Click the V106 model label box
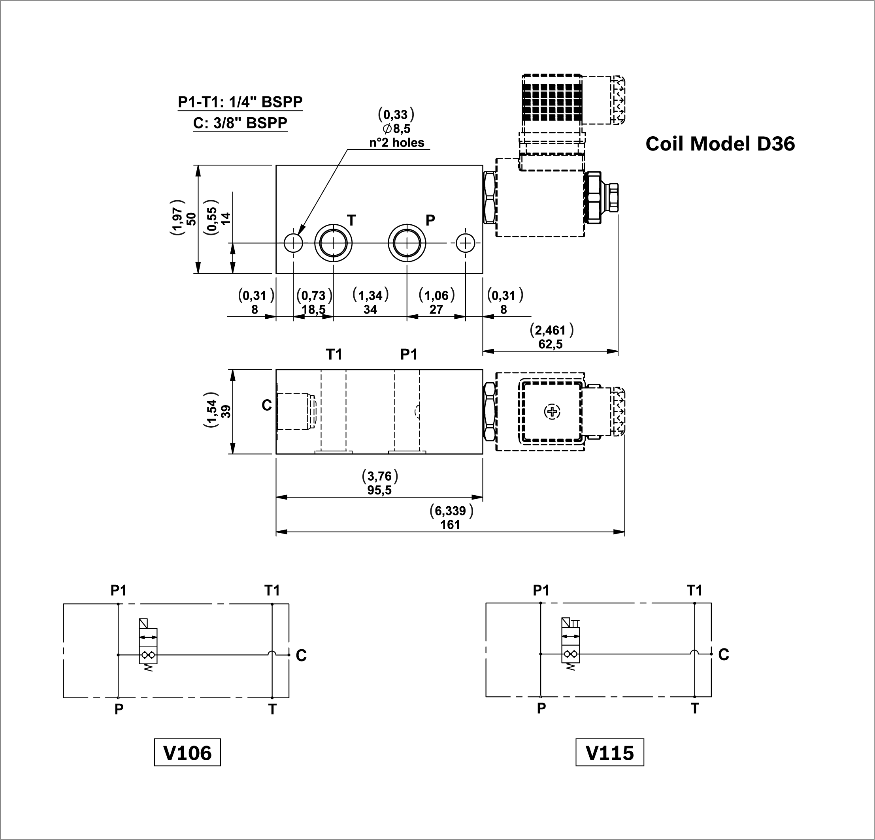[x=187, y=753]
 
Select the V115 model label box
[x=609, y=753]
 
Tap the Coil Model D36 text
[x=720, y=144]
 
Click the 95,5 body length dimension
[x=379, y=490]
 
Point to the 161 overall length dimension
[x=450, y=524]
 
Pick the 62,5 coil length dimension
[x=551, y=344]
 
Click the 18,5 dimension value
[x=313, y=310]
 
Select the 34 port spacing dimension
[x=370, y=310]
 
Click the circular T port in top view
[x=333, y=244]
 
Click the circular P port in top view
[x=407, y=244]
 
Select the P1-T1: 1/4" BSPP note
[x=240, y=102]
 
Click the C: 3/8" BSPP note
[x=240, y=123]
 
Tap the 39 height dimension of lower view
[x=227, y=411]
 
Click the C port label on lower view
[x=266, y=405]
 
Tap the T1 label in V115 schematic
[x=694, y=591]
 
